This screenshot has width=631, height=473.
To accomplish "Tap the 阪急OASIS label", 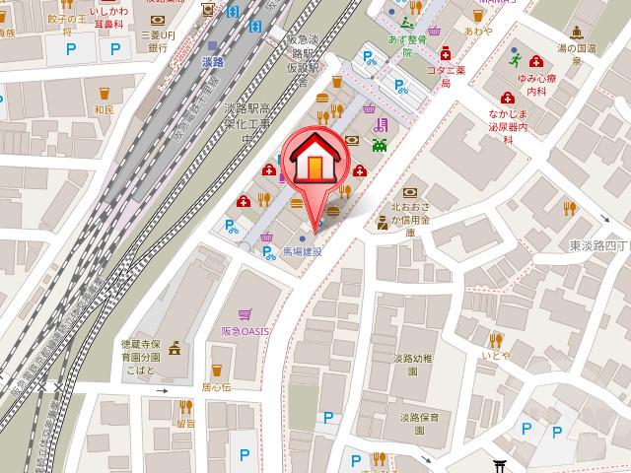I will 245,331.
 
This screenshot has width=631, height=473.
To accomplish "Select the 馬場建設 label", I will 302,252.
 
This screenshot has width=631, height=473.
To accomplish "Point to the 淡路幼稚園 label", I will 412,365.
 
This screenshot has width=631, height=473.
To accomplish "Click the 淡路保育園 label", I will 419,424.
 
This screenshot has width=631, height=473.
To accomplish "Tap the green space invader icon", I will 380,145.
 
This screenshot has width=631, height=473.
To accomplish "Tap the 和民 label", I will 102,109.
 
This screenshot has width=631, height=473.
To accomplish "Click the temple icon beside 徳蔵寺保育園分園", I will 176,348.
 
